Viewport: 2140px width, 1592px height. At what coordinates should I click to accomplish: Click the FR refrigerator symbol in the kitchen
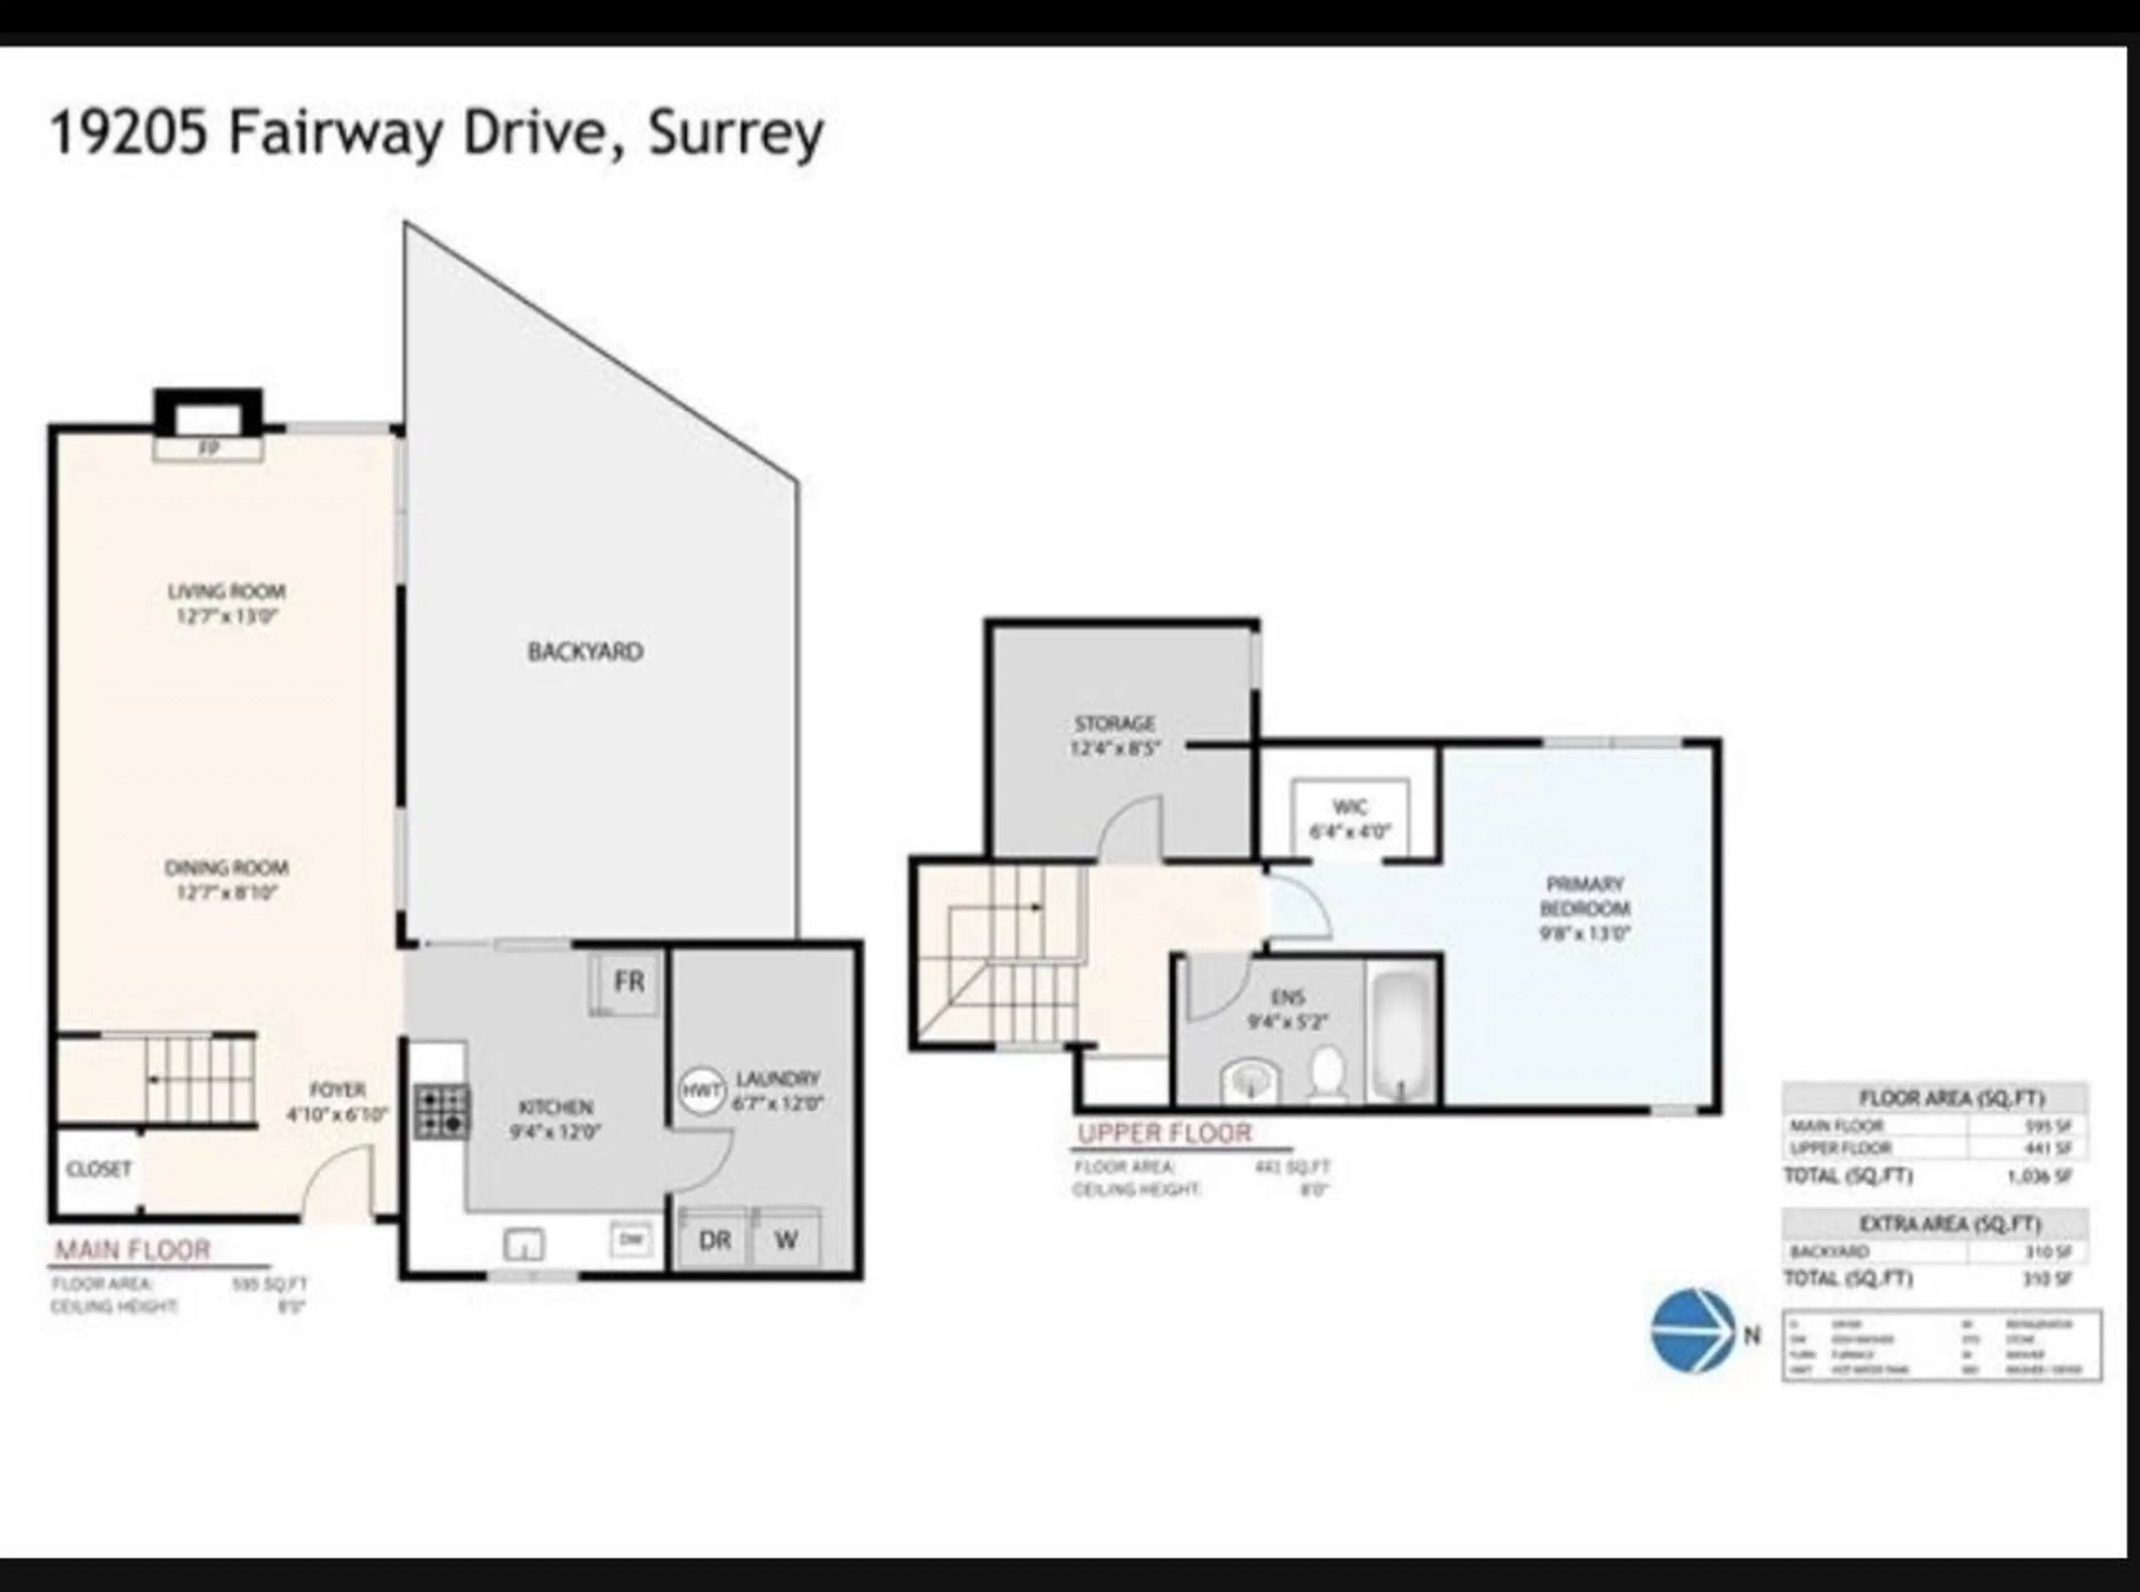pyautogui.click(x=628, y=982)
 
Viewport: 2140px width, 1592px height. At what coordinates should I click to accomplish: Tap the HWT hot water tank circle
pyautogui.click(x=702, y=1091)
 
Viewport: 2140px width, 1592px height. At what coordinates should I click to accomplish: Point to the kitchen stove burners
pyautogui.click(x=442, y=1112)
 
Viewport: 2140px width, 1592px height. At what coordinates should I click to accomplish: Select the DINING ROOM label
pyautogui.click(x=226, y=867)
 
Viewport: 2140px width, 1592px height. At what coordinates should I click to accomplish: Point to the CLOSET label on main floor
pyautogui.click(x=98, y=1169)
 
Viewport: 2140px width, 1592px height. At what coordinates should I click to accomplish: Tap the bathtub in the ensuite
pyautogui.click(x=1402, y=1036)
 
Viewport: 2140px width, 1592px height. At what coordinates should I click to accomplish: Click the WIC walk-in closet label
pyautogui.click(x=1349, y=807)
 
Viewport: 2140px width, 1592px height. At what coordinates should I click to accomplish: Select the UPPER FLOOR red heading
pyautogui.click(x=1164, y=1133)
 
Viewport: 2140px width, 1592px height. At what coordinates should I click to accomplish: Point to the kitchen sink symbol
pyautogui.click(x=523, y=1245)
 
